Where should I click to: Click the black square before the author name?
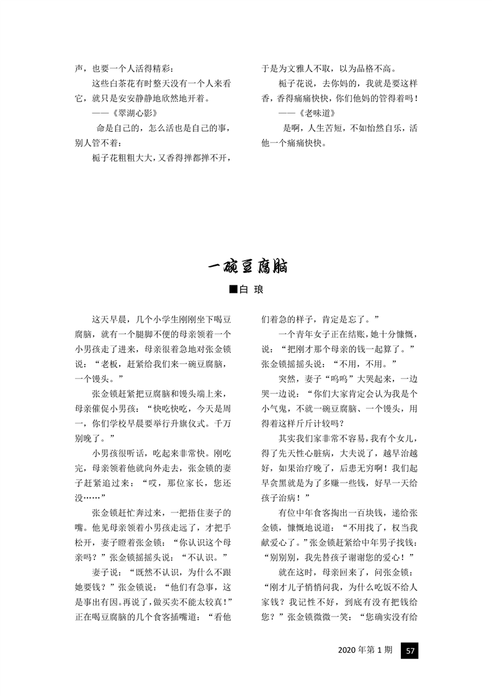coord(233,289)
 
